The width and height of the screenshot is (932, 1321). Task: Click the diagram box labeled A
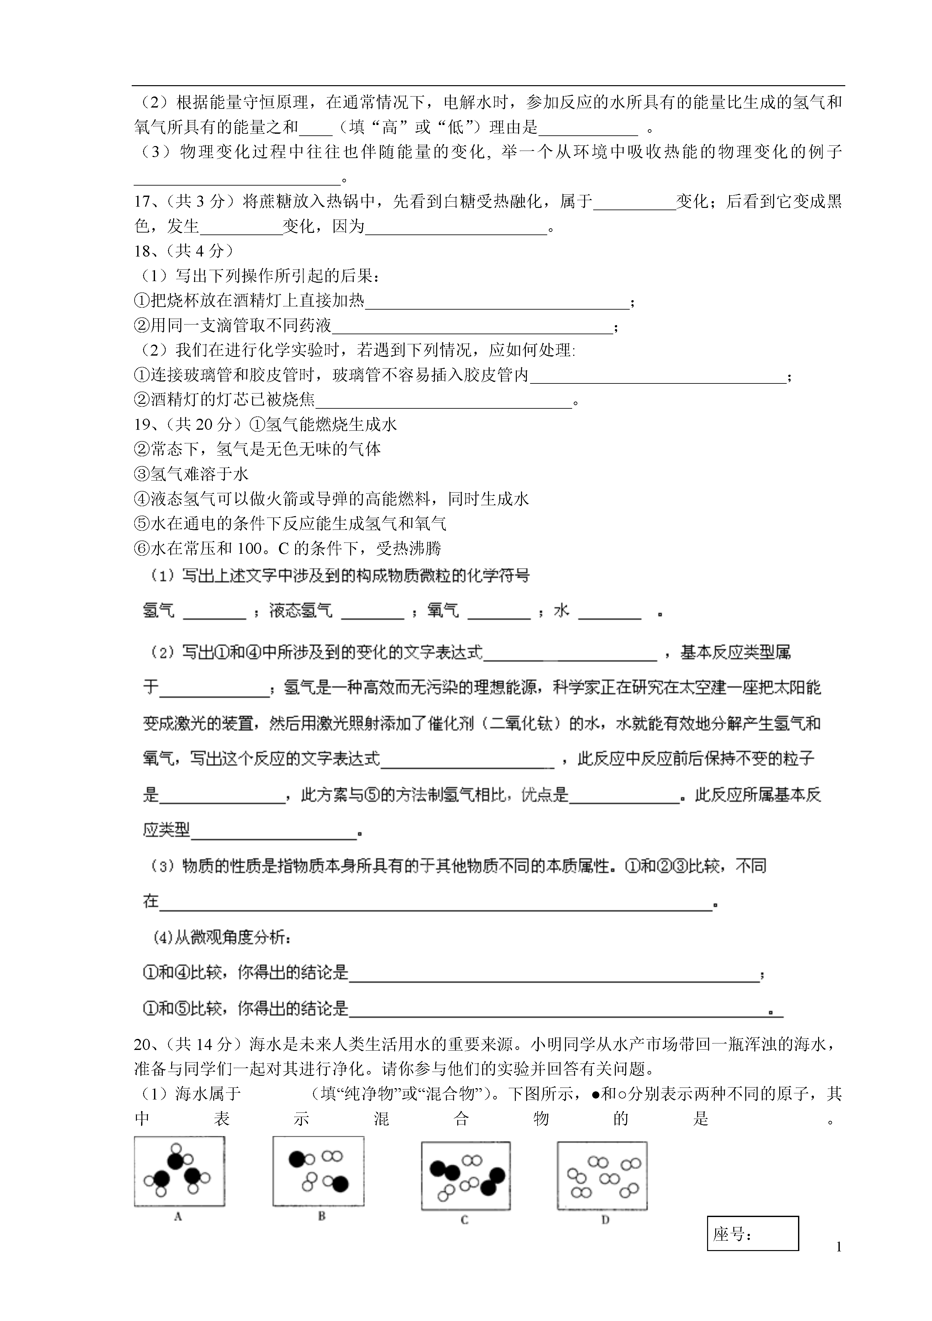pos(179,1171)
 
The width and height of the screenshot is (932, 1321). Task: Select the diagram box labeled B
pos(318,1170)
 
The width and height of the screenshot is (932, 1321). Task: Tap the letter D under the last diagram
pos(605,1219)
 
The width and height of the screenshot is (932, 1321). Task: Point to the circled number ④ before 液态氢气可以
pos(141,499)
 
